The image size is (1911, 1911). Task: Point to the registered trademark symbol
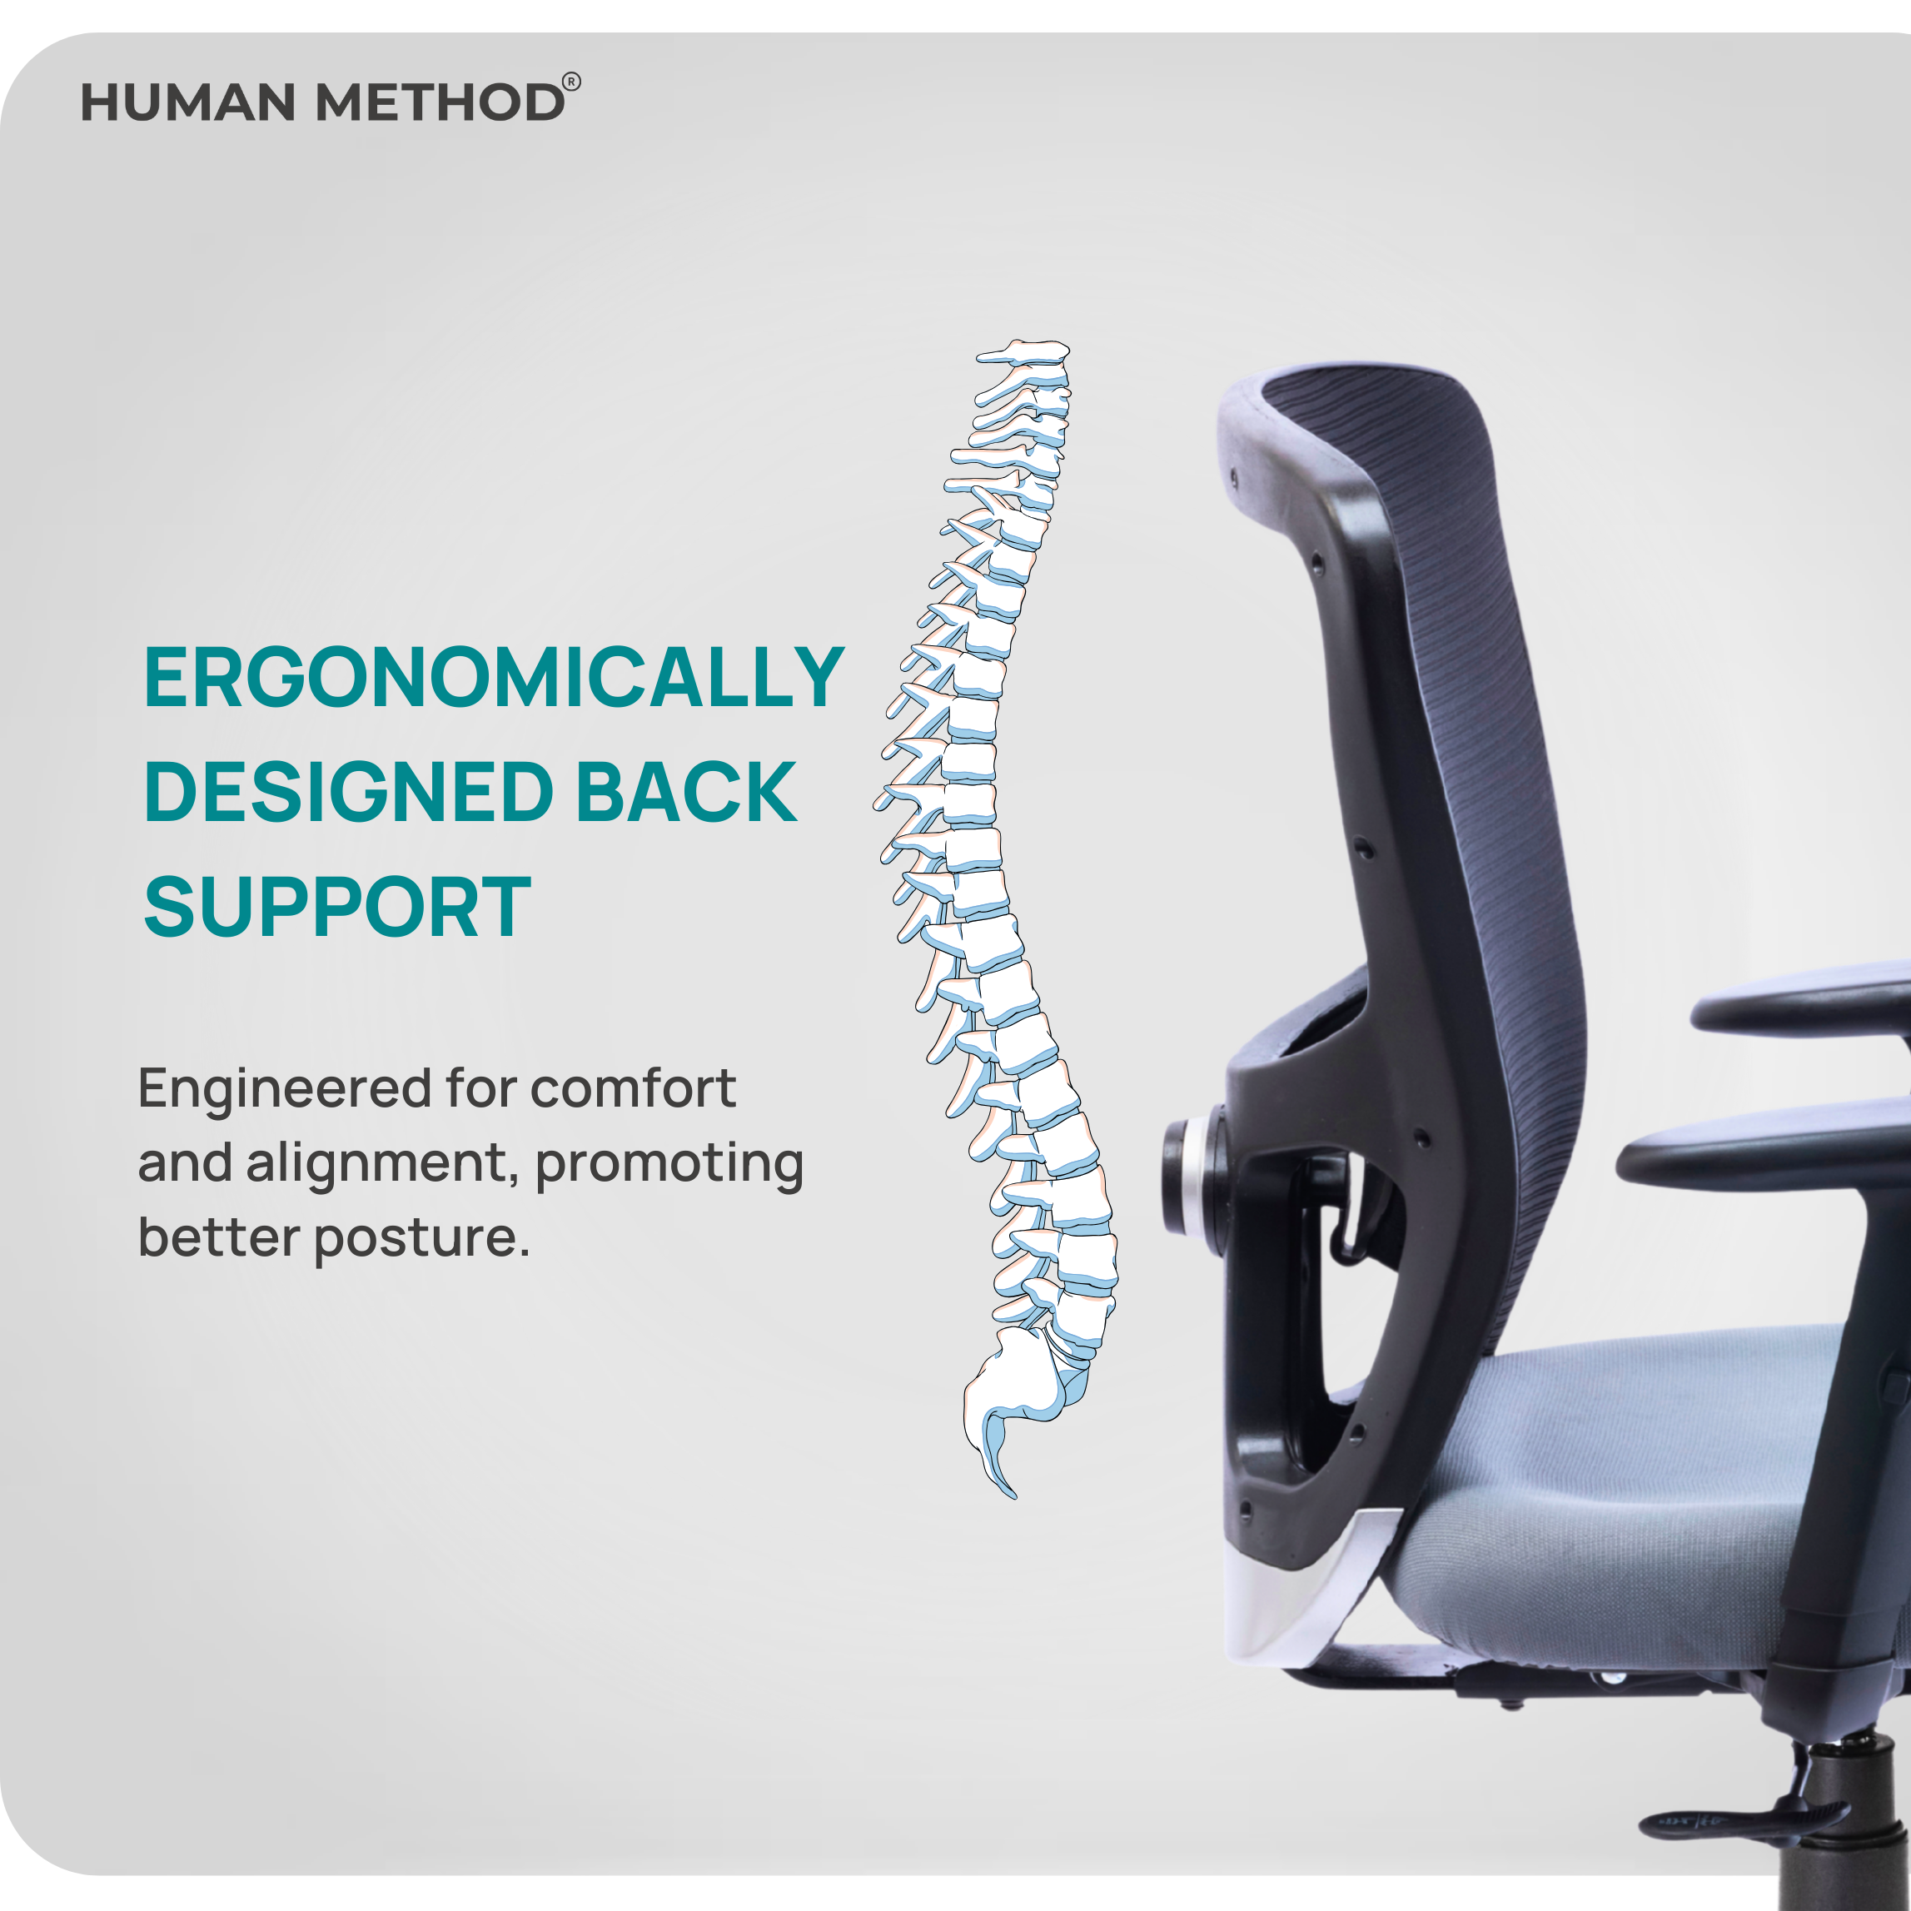572,82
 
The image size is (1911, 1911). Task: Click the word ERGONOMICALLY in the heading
494,678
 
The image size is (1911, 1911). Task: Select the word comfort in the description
633,1088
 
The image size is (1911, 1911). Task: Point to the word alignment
384,1164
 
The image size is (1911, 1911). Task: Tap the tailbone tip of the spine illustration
1012,1495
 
